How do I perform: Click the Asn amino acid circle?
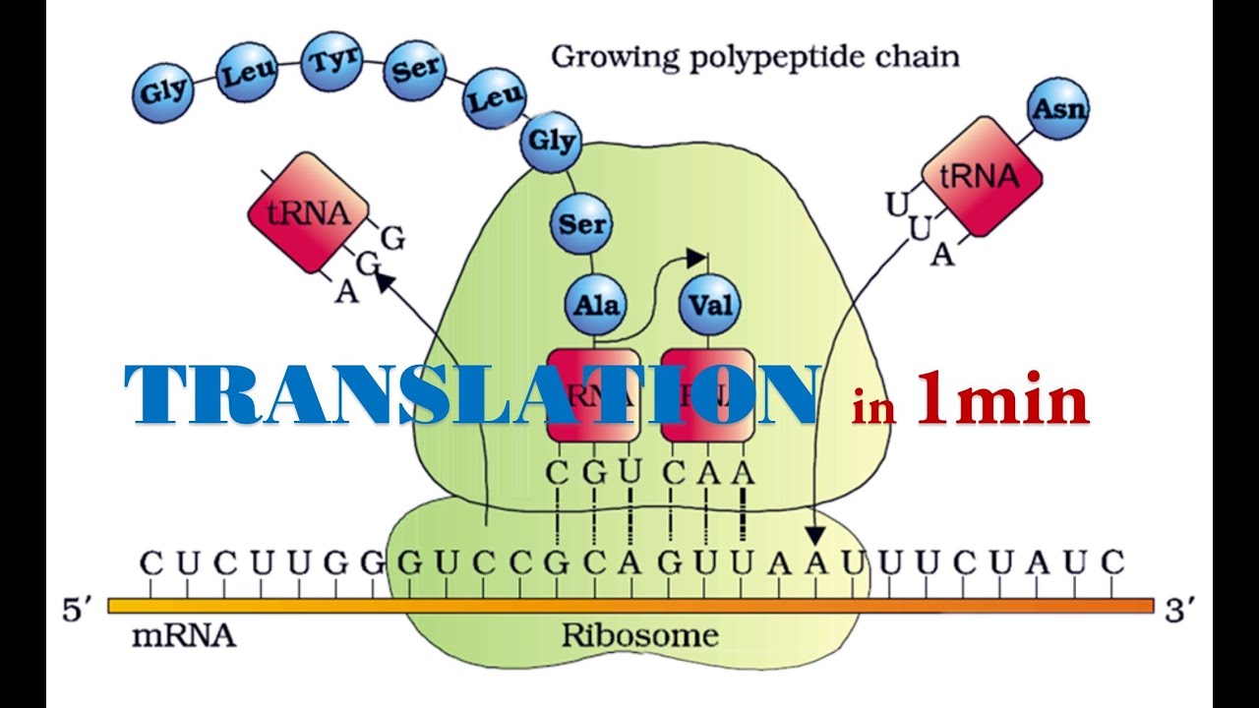click(1057, 108)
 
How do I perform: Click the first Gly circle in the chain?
click(161, 94)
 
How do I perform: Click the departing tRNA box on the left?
click(309, 211)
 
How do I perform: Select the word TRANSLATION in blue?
click(471, 394)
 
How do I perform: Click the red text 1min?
click(1002, 399)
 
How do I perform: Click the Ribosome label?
click(639, 635)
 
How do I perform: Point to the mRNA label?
click(183, 635)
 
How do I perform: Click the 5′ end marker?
click(77, 610)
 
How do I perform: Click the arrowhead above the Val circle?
click(697, 259)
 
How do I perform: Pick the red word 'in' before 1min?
click(873, 407)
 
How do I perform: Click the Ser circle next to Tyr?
click(413, 71)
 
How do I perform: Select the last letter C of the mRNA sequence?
click(1111, 563)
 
